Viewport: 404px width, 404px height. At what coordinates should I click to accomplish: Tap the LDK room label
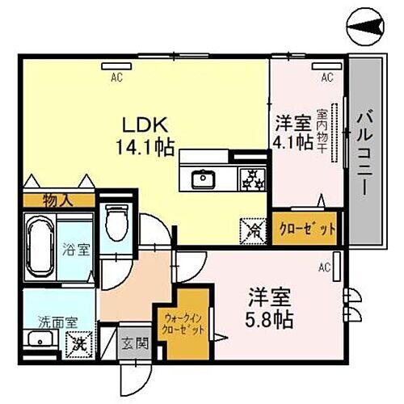pyautogui.click(x=145, y=127)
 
